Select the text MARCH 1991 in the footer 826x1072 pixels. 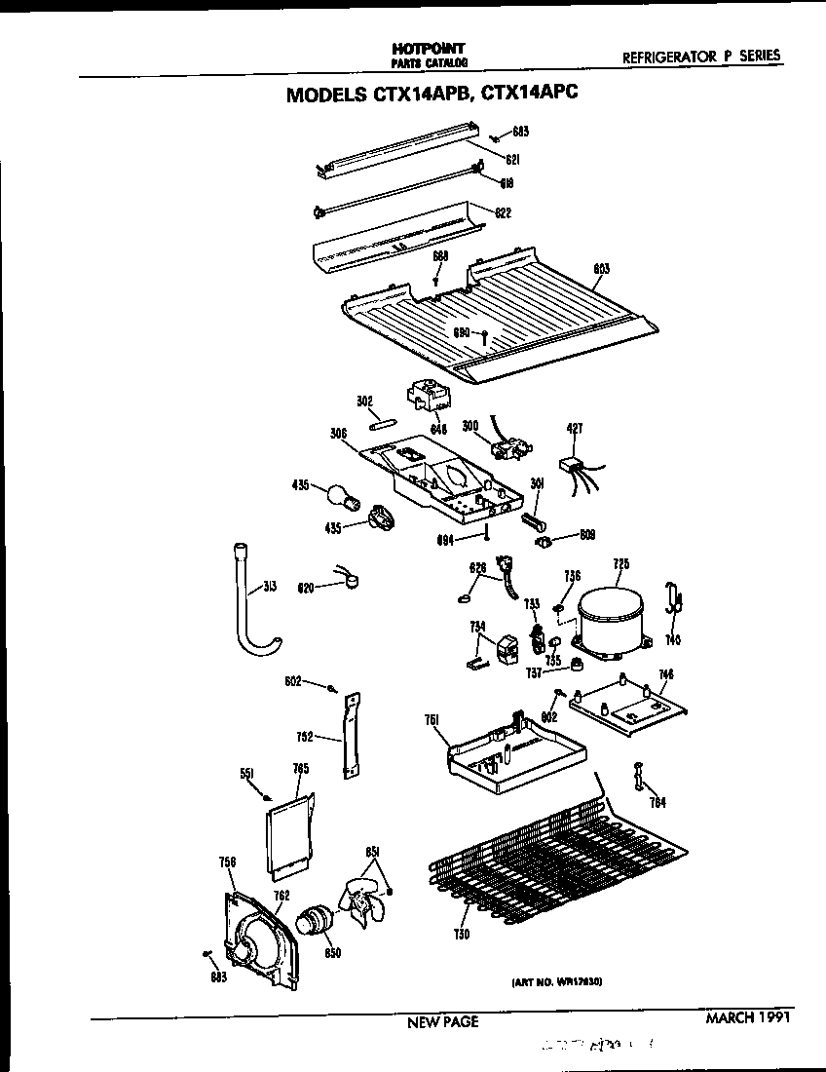746,1018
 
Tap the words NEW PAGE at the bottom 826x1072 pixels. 442,1022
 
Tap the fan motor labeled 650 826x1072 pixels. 315,921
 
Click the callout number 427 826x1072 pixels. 574,427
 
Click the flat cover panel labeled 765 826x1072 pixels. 289,828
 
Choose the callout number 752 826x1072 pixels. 304,739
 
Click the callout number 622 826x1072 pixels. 503,212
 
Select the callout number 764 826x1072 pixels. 658,802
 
